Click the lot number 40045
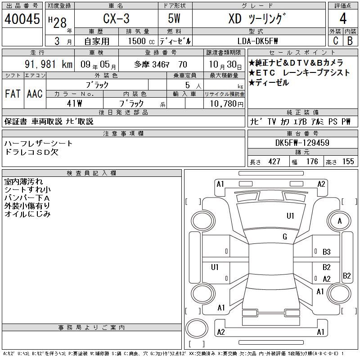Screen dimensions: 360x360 pyautogui.click(x=22, y=19)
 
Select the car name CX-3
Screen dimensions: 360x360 pyautogui.click(x=116, y=18)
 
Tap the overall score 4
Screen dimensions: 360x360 pyautogui.click(x=343, y=18)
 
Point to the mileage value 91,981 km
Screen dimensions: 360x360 pyautogui.click(x=49, y=64)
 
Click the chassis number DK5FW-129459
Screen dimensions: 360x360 pyautogui.click(x=302, y=143)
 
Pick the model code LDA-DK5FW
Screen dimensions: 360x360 pyautogui.click(x=257, y=41)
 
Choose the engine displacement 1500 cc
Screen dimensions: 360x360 pyautogui.click(x=141, y=41)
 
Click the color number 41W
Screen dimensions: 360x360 pyautogui.click(x=74, y=103)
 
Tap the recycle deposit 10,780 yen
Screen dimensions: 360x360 pyautogui.click(x=227, y=104)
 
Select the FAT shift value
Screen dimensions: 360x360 pyautogui.click(x=13, y=94)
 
